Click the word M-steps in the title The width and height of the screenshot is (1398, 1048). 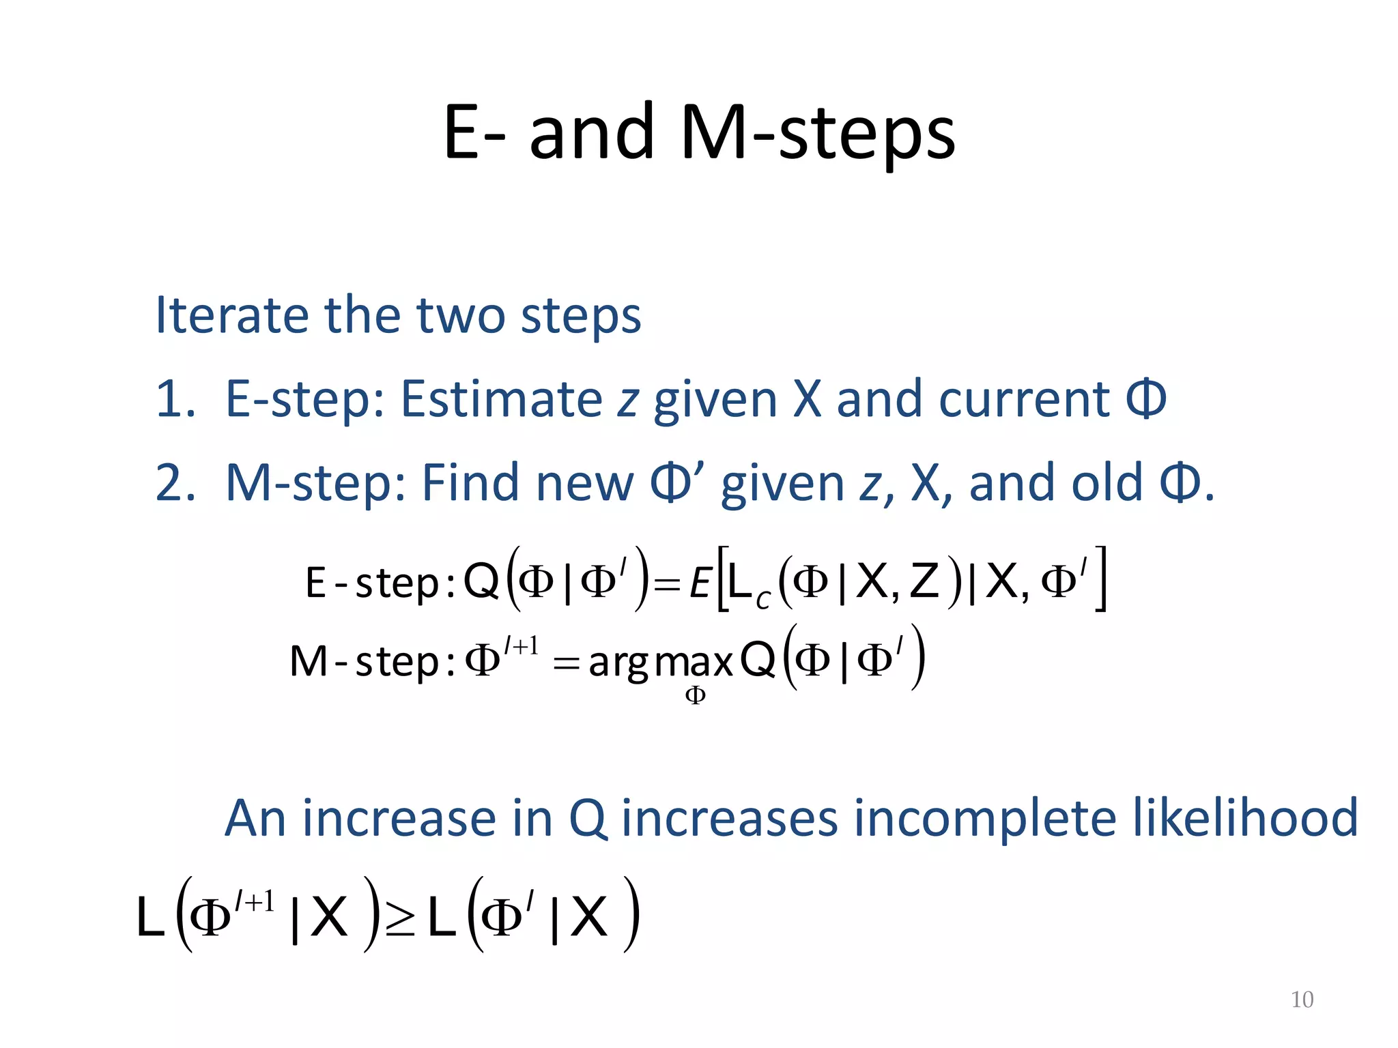[x=818, y=133]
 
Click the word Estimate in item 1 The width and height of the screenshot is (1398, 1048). [x=501, y=400]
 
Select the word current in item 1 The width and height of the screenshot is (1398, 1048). [x=1024, y=400]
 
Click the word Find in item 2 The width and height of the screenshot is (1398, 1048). [x=470, y=484]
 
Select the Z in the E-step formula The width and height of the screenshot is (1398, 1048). [x=924, y=582]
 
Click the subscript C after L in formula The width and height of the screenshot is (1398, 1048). [x=762, y=599]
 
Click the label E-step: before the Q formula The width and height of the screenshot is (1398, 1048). [x=380, y=584]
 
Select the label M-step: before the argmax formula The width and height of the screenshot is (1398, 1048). [x=372, y=662]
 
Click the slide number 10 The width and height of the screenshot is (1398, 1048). [x=1302, y=1000]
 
